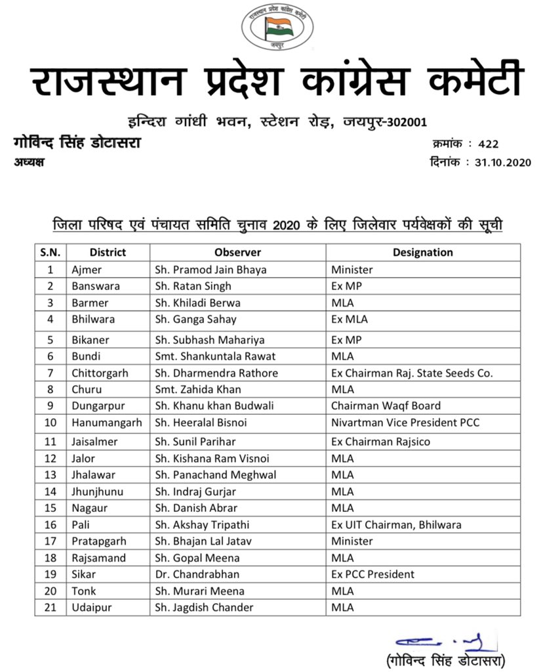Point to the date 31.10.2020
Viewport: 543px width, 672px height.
(x=502, y=162)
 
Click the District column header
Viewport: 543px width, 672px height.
(x=108, y=253)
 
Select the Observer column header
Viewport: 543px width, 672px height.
(x=237, y=253)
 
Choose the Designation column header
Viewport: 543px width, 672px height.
(x=422, y=253)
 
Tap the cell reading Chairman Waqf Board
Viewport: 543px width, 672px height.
(x=386, y=406)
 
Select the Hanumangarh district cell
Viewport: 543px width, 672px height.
(x=106, y=423)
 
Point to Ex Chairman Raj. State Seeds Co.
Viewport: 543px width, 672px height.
(x=411, y=373)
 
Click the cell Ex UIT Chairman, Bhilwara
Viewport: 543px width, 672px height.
(x=396, y=524)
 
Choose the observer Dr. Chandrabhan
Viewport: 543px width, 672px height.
(x=195, y=574)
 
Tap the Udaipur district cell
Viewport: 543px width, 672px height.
(x=91, y=608)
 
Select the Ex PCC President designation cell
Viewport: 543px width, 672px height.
(x=372, y=574)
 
